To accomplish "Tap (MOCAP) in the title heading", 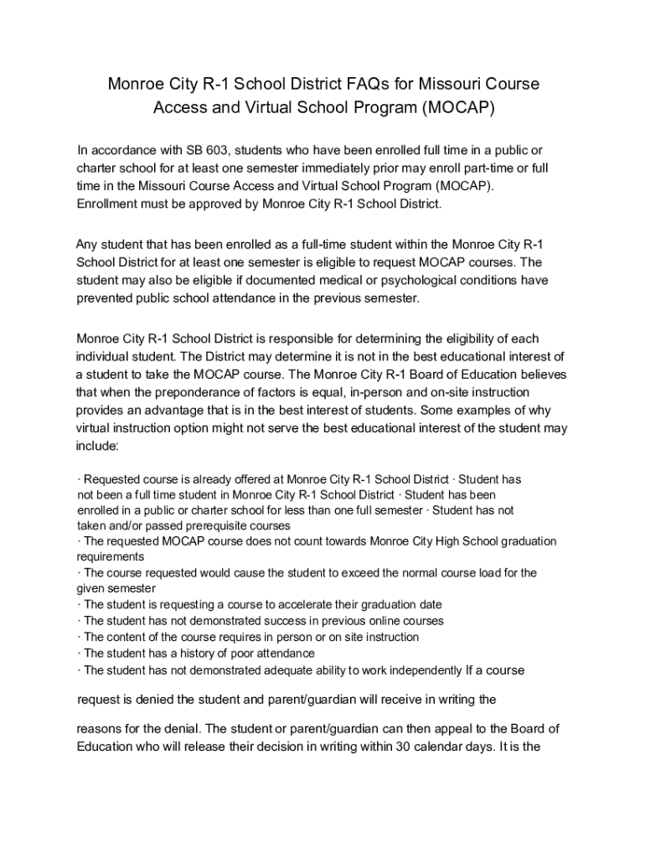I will click(460, 108).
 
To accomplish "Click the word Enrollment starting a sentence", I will click(111, 204).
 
